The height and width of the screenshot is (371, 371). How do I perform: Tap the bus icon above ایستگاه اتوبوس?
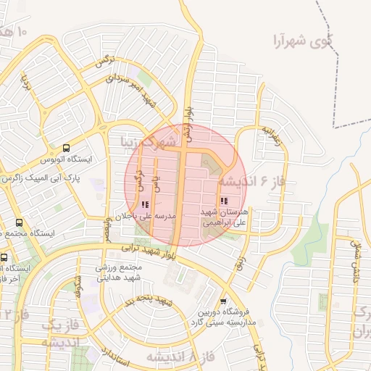click(x=67, y=146)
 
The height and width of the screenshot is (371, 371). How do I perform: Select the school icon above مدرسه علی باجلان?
click(x=146, y=205)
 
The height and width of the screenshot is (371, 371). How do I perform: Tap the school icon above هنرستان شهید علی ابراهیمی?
click(x=223, y=201)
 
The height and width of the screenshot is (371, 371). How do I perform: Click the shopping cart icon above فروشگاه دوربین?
click(x=223, y=301)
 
